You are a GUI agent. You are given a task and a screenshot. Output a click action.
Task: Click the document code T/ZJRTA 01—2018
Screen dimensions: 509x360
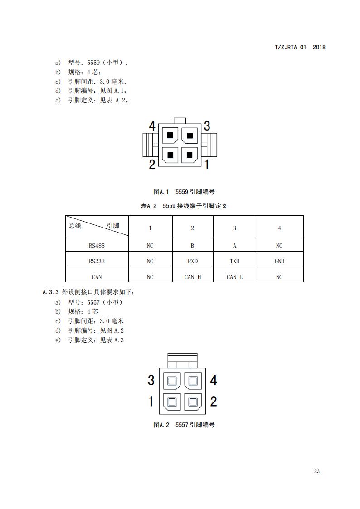point(300,47)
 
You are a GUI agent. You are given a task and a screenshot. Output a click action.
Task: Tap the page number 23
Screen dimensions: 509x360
point(316,471)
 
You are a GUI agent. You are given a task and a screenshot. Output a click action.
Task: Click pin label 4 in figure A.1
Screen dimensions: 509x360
point(152,126)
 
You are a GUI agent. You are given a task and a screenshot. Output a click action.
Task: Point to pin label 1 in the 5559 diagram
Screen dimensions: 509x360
point(207,164)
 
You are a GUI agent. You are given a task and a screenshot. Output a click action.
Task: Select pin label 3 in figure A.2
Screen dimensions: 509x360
point(151,380)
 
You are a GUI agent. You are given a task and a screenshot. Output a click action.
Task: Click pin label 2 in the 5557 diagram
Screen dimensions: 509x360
point(214,401)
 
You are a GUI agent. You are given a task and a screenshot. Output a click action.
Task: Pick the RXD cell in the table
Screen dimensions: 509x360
point(192,261)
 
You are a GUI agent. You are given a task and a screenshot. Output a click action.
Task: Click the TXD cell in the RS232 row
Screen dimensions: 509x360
point(234,261)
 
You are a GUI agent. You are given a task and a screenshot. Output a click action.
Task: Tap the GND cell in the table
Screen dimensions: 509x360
point(279,261)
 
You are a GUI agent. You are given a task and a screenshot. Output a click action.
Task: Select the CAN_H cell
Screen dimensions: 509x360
point(192,277)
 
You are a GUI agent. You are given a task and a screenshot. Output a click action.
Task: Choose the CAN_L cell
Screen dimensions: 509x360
point(234,277)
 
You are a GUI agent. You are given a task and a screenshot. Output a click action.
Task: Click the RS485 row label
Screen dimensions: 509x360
point(97,246)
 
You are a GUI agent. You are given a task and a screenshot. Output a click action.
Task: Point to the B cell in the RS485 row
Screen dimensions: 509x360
point(192,246)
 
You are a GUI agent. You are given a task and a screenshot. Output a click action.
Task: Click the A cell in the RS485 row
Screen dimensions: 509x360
point(234,246)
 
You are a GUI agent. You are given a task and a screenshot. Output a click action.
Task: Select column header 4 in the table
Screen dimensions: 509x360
point(279,228)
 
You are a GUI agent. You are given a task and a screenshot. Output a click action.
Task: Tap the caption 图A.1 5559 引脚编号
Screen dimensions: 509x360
point(184,192)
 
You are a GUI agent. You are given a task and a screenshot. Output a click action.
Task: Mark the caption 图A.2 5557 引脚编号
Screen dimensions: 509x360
point(184,425)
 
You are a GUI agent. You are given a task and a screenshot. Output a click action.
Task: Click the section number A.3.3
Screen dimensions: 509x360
point(51,292)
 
